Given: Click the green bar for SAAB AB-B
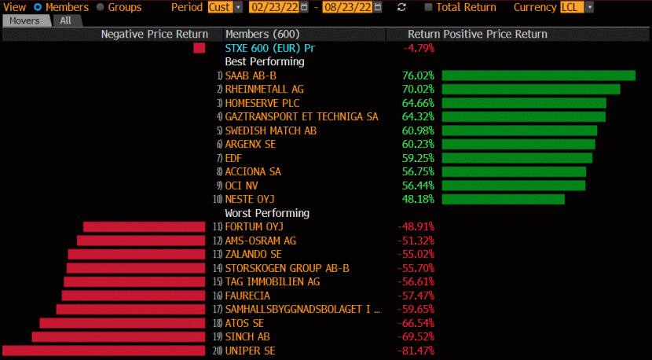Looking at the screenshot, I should [x=538, y=75].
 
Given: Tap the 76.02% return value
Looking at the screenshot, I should [x=417, y=75].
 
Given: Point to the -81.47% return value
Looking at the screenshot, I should [x=416, y=351].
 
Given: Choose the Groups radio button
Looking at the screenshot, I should [x=100, y=7].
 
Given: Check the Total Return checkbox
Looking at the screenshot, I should [x=428, y=7].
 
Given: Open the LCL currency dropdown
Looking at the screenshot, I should [x=577, y=7].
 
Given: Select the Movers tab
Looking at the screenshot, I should [x=25, y=20].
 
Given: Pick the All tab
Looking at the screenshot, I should [x=66, y=20].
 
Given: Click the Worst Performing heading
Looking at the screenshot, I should [x=267, y=213].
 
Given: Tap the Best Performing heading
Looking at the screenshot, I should [x=264, y=61].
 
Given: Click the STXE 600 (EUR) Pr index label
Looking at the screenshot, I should [x=269, y=48].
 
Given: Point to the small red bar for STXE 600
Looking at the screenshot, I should [x=200, y=48].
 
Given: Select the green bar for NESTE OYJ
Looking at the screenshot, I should [x=503, y=200].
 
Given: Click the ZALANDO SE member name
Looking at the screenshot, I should [x=253, y=255].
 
